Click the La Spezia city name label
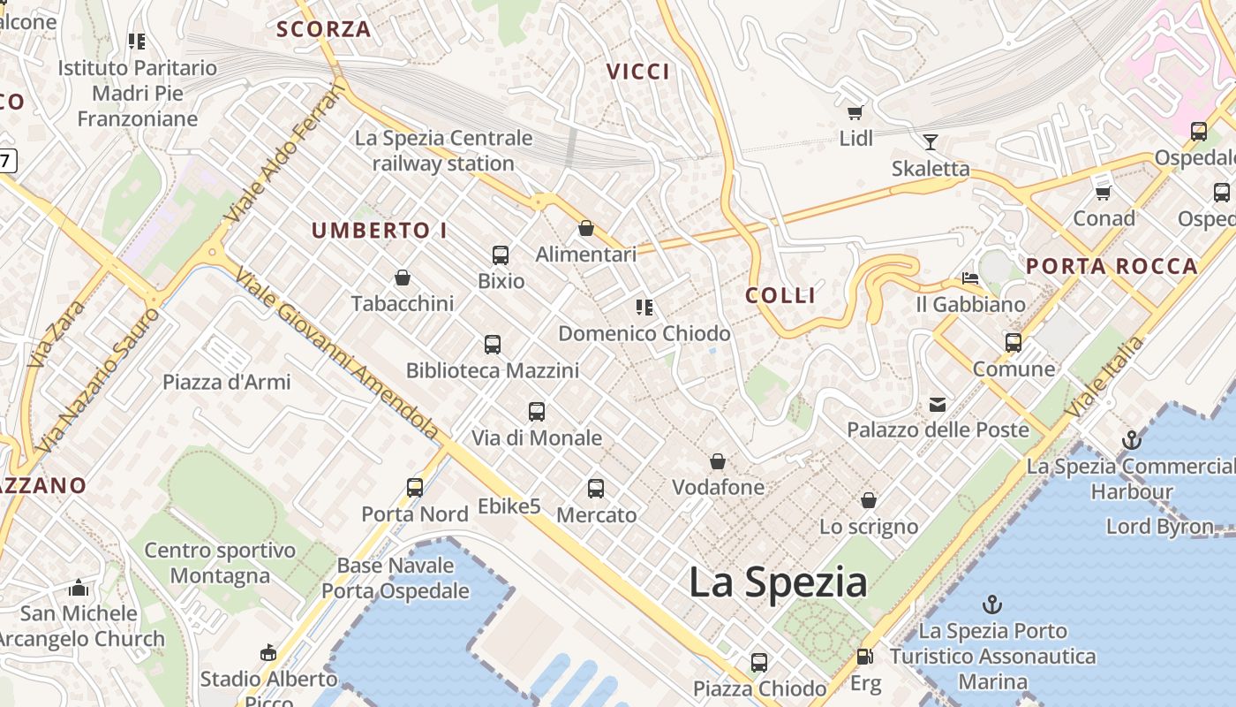(777, 583)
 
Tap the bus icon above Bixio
(501, 255)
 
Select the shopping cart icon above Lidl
(855, 112)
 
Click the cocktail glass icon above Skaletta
(930, 141)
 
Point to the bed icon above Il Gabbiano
(970, 278)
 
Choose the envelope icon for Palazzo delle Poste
(938, 405)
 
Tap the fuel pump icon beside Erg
(865, 657)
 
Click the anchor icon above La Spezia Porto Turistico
(993, 605)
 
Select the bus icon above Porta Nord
(415, 487)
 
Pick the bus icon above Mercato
(596, 488)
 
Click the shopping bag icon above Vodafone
(718, 461)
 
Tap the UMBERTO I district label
(380, 231)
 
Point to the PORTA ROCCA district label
(1112, 266)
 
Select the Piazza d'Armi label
(226, 383)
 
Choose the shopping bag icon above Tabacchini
(403, 277)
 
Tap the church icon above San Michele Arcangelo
(79, 588)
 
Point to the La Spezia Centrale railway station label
(443, 151)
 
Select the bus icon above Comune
(1014, 342)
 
